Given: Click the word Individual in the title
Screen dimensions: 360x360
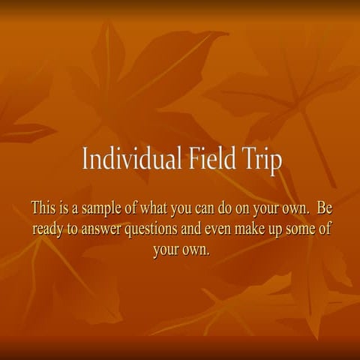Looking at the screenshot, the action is pyautogui.click(x=132, y=158).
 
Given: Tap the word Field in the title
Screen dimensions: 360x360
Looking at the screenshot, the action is pyautogui.click(x=212, y=157).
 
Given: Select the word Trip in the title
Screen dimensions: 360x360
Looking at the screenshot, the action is pyautogui.click(x=262, y=160).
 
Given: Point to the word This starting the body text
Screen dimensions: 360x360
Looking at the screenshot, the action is pyautogui.click(x=43, y=208).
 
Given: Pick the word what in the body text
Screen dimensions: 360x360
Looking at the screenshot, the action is pyautogui.click(x=154, y=208).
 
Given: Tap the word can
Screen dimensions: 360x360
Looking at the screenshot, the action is pyautogui.click(x=205, y=209).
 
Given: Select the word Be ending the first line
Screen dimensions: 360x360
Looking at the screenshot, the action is pyautogui.click(x=325, y=208).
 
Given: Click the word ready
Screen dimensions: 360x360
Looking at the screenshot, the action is pyautogui.click(x=48, y=229).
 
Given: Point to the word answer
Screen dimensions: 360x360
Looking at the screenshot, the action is pyautogui.click(x=101, y=230).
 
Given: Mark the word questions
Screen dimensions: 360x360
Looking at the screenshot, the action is pyautogui.click(x=151, y=229).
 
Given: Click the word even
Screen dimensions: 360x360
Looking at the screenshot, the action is pyautogui.click(x=217, y=230).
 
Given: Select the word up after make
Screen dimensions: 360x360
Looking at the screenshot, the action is pyautogui.click(x=275, y=231).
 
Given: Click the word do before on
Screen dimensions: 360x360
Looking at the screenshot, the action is pyautogui.click(x=225, y=208).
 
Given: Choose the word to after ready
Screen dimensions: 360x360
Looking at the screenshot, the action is pyautogui.click(x=72, y=229).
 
